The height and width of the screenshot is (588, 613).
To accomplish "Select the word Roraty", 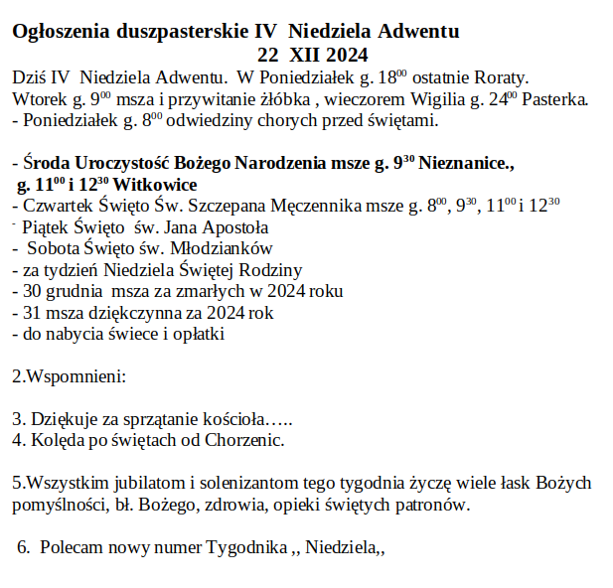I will point(501,76).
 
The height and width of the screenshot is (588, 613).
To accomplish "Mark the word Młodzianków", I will point(223,248).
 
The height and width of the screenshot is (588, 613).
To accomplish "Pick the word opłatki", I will point(197,335).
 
